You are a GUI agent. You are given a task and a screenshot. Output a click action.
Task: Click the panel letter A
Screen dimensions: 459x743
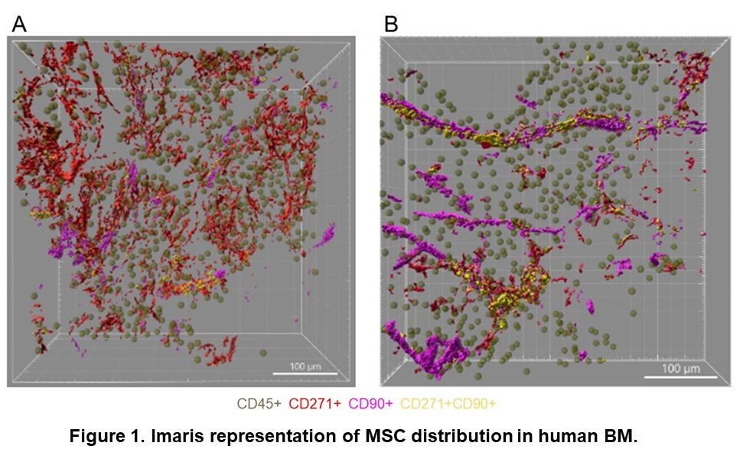click(19, 24)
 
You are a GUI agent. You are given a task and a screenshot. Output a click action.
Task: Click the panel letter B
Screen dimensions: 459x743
click(391, 24)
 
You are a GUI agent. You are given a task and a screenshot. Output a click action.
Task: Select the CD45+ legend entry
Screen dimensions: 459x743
click(257, 403)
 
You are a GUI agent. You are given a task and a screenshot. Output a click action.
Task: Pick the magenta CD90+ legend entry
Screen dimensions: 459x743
click(371, 403)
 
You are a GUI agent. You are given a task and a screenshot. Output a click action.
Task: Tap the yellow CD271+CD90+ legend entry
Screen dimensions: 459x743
click(453, 403)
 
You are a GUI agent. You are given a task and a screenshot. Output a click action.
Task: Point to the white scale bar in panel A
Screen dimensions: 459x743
click(305, 373)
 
